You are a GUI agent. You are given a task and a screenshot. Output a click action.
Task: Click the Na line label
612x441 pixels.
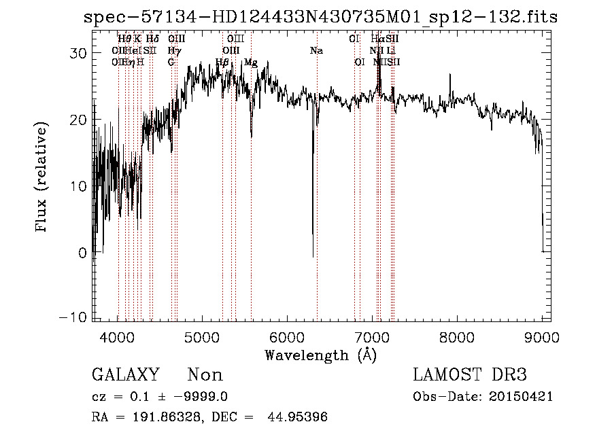316,51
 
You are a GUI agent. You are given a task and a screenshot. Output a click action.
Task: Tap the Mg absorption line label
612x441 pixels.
251,63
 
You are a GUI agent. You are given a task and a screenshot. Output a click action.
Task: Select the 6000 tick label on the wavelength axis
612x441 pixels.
287,336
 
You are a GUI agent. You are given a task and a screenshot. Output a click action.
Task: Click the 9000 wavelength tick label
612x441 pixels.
542,336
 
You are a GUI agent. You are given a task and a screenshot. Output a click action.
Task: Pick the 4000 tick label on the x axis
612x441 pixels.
118,336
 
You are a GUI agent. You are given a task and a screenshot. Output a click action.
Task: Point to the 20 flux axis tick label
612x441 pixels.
80,120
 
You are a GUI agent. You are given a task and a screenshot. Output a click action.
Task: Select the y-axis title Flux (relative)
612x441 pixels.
42,178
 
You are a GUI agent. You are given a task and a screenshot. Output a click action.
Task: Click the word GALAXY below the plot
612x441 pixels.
125,375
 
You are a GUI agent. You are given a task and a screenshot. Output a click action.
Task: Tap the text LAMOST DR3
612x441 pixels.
470,375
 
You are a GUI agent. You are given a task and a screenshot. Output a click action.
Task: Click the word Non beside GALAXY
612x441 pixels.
205,375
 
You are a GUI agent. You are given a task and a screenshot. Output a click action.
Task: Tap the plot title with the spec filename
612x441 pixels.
320,17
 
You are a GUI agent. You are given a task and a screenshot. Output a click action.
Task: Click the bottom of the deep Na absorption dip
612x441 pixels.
313,256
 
